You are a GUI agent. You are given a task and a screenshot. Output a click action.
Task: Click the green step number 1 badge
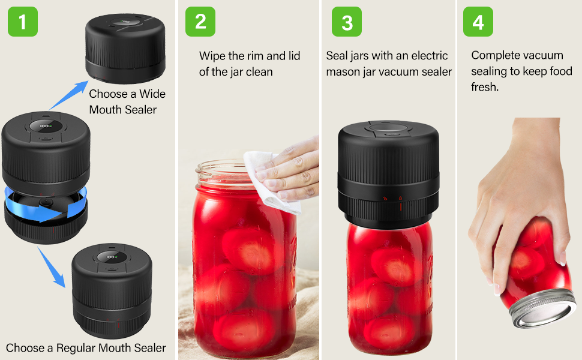pyautogui.click(x=23, y=22)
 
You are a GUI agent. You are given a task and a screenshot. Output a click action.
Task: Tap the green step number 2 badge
pyautogui.click(x=200, y=22)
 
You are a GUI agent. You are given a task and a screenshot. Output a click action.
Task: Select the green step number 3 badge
pyautogui.click(x=347, y=22)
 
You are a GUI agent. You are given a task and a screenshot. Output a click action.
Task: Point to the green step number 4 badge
pyautogui.click(x=478, y=22)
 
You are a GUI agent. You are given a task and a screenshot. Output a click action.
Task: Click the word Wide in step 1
pyautogui.click(x=152, y=94)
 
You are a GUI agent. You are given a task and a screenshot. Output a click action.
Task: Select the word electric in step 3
pyautogui.click(x=428, y=56)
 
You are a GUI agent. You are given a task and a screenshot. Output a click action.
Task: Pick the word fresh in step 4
pyautogui.click(x=484, y=87)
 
